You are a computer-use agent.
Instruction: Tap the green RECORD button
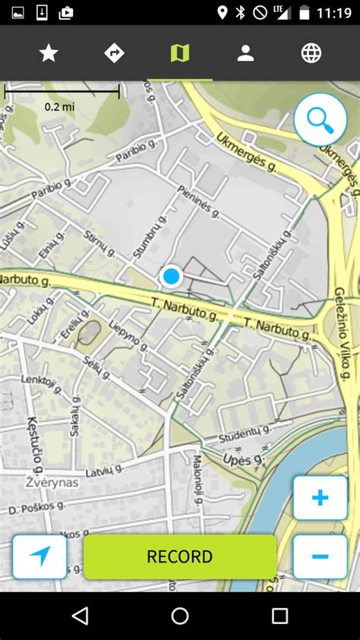pyautogui.click(x=180, y=556)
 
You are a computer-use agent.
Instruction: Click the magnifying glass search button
pyautogui.click(x=320, y=119)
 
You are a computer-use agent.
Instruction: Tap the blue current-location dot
pyautogui.click(x=172, y=276)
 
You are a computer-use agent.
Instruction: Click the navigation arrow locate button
pyautogui.click(x=39, y=556)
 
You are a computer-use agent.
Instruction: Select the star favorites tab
pyautogui.click(x=49, y=52)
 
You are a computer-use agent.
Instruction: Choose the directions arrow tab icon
pyautogui.click(x=114, y=52)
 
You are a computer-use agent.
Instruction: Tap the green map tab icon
pyautogui.click(x=180, y=52)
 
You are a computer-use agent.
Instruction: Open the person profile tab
pyautogui.click(x=245, y=52)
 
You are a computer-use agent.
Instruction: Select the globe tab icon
pyautogui.click(x=311, y=52)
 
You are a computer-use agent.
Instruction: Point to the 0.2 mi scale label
pyautogui.click(x=59, y=106)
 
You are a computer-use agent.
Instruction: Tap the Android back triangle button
pyautogui.click(x=80, y=615)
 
